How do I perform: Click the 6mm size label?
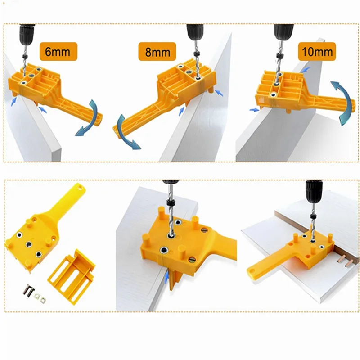pos(58,51)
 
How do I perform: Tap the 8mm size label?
pos(157,52)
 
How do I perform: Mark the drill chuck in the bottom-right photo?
pos(314,193)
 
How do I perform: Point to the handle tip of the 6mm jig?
pos(98,118)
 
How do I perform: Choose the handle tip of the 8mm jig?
pos(118,131)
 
